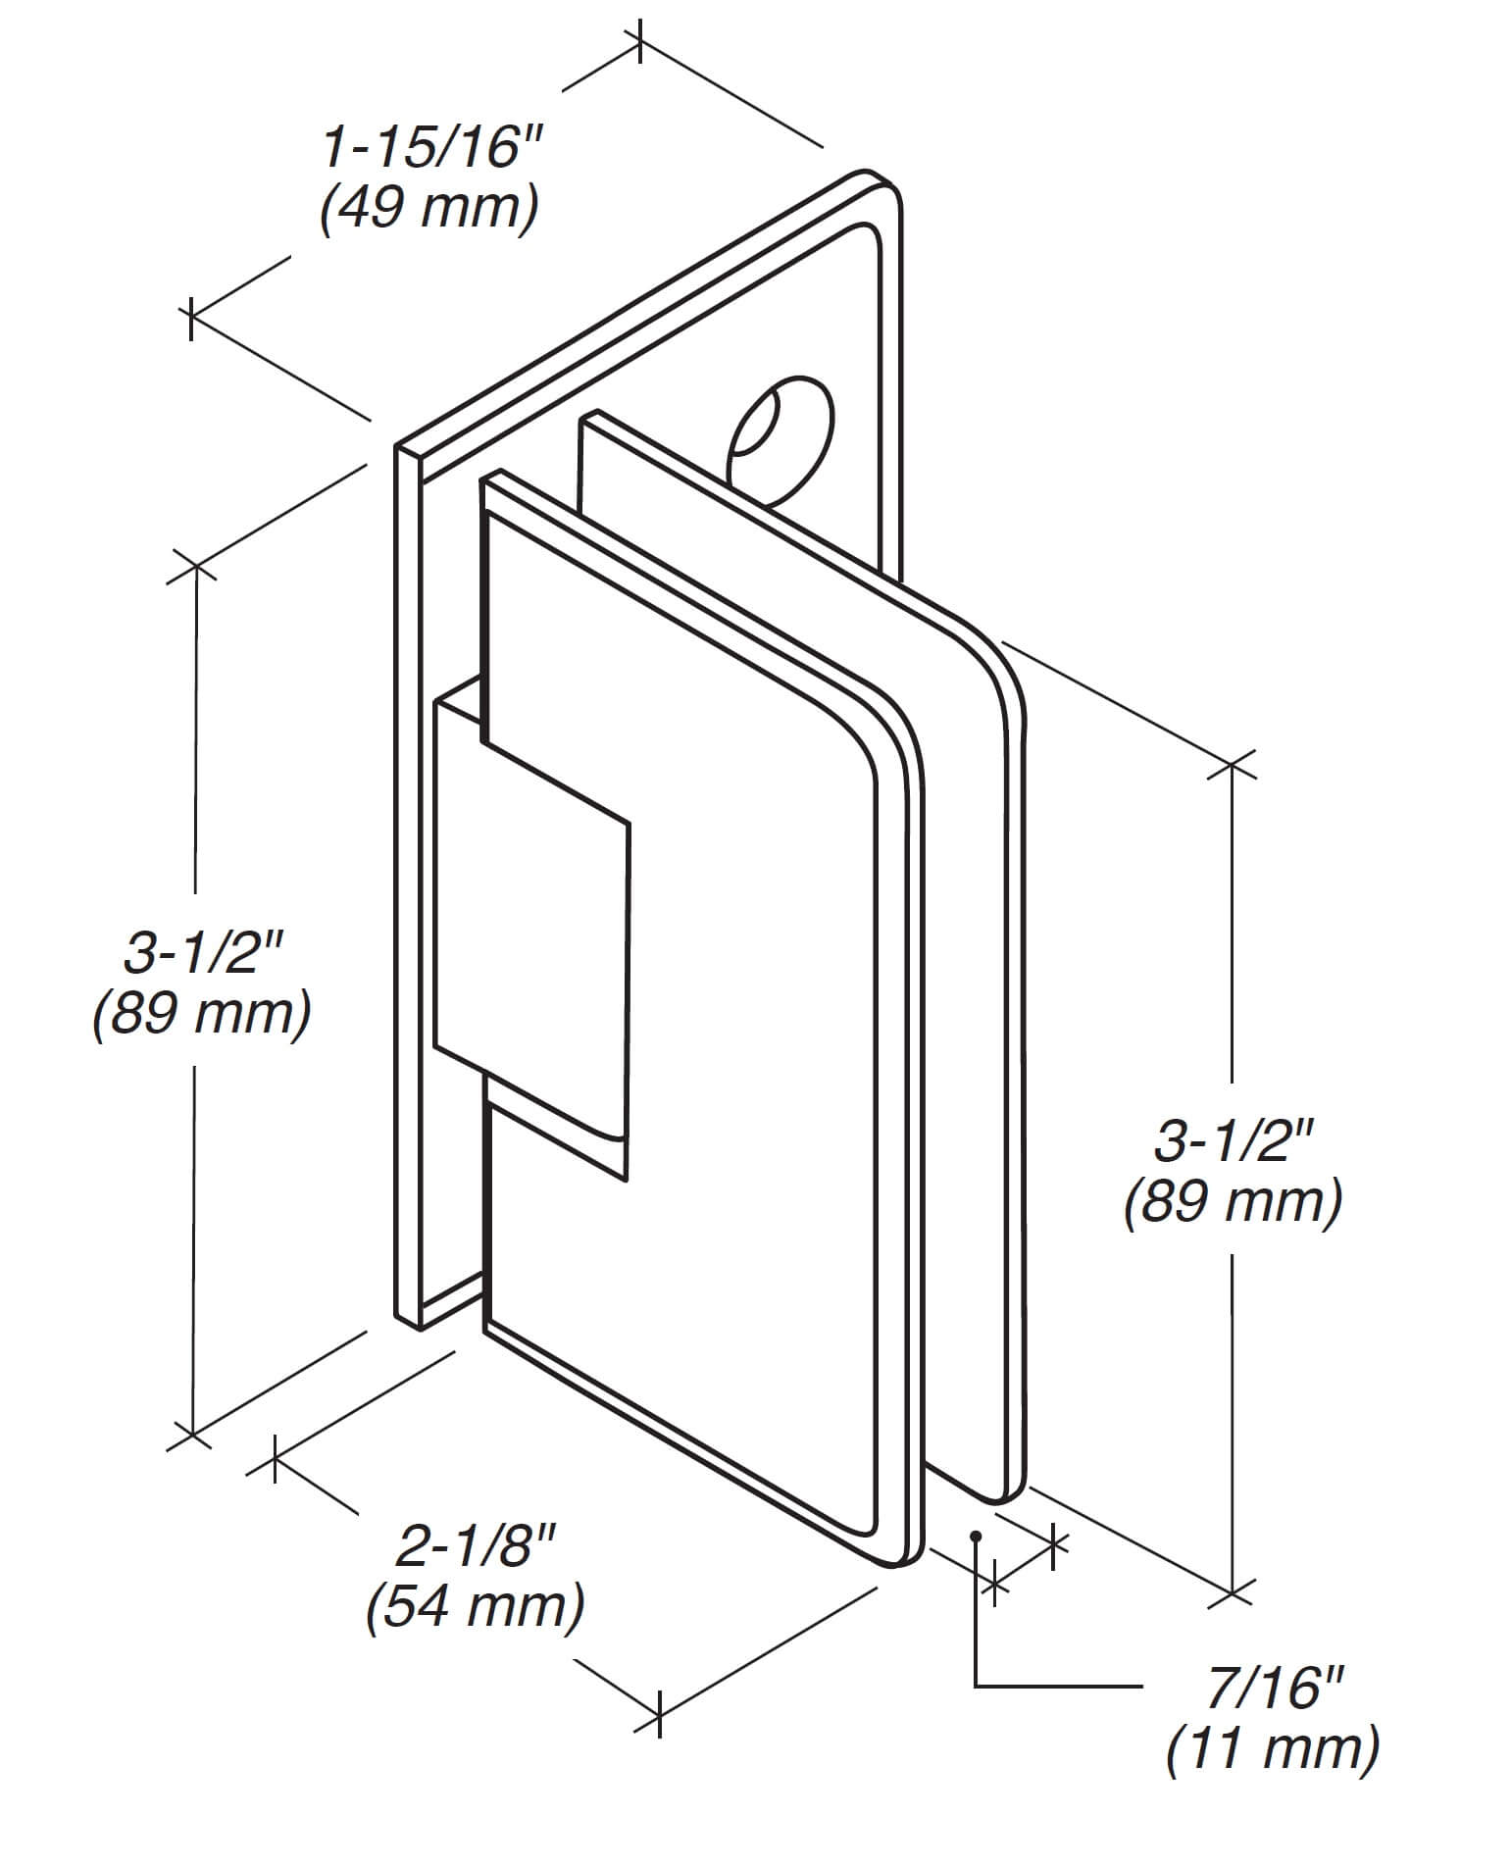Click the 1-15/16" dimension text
point(431,150)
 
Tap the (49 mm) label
point(429,209)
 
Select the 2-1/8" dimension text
point(476,1547)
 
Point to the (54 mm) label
point(476,1606)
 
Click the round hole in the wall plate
point(780,441)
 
